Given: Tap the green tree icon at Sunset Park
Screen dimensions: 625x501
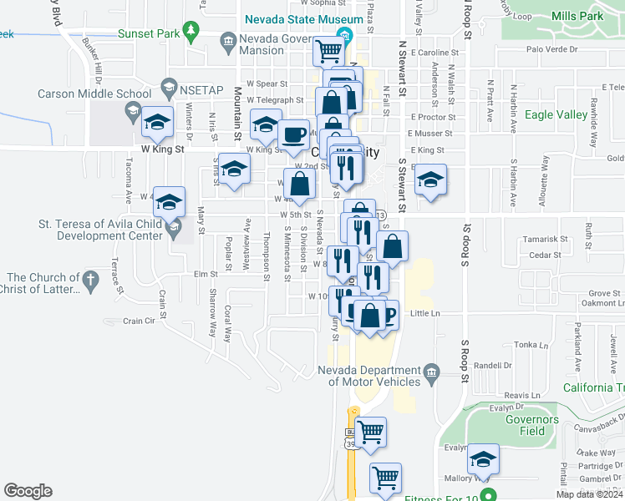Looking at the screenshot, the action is pyautogui.click(x=192, y=33).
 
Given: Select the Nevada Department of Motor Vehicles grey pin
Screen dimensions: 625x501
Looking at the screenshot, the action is pyautogui.click(x=431, y=372).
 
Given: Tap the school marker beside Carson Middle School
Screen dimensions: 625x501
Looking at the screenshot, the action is pyautogui.click(x=157, y=123).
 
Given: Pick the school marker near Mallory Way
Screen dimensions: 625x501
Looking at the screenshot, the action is pyautogui.click(x=483, y=459).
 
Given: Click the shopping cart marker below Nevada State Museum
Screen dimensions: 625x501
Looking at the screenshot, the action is pyautogui.click(x=328, y=51).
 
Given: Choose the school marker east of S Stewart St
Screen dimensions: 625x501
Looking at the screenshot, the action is pyautogui.click(x=430, y=180).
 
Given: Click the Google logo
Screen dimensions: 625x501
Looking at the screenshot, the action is pyautogui.click(x=28, y=491).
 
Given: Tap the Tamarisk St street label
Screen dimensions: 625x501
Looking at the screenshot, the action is pyautogui.click(x=545, y=239).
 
